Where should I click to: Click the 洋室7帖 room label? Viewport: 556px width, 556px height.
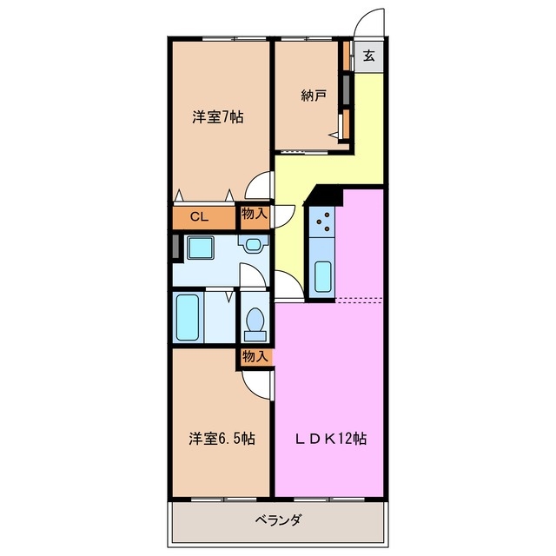pos(217,117)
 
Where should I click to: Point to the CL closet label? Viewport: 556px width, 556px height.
pos(198,217)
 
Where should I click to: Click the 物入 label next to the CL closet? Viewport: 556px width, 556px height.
pos(254,213)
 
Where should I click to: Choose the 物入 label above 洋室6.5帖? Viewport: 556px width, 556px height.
pos(255,356)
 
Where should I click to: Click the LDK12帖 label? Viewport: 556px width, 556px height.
pos(332,440)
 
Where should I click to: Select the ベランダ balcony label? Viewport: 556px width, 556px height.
pos(278,521)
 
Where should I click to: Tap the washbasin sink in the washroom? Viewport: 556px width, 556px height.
pos(253,245)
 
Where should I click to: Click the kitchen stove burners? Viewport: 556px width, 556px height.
pos(326,223)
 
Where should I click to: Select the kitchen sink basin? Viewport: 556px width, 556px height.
pos(322,276)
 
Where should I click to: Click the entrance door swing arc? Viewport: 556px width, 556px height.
pos(370,23)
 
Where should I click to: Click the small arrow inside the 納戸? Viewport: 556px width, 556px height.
pos(334,134)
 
